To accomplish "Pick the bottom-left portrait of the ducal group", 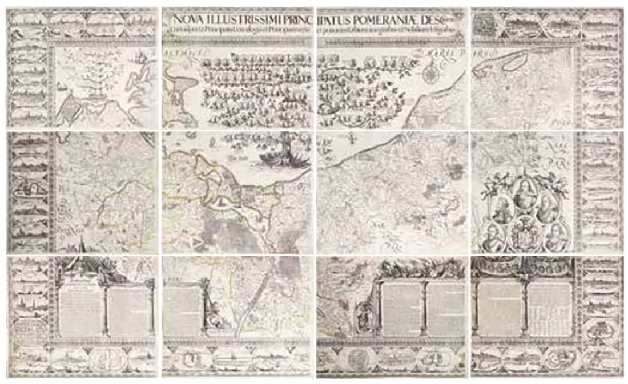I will [491, 236].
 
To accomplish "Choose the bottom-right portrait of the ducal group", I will [555, 236].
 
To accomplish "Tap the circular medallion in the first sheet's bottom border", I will [102, 359].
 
